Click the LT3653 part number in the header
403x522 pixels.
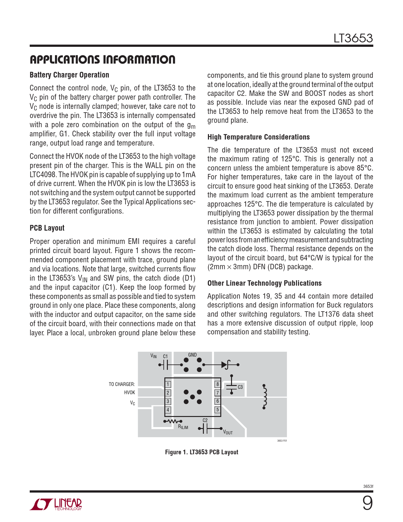pos(353,38)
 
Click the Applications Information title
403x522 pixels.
pos(102,59)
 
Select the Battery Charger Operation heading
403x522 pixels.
pos(69,75)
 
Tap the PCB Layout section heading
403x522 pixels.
pos(47,228)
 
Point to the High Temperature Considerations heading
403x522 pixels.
pos(258,137)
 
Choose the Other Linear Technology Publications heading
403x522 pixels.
pos(264,283)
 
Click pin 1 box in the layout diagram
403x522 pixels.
pos(168,384)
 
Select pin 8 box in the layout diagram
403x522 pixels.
pos(217,384)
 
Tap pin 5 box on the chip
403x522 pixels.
pos(217,410)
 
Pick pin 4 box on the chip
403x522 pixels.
pos(168,410)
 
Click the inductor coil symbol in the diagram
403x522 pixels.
pos(265,397)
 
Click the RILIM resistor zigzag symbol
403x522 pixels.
pos(173,421)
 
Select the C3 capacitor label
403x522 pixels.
pos(240,387)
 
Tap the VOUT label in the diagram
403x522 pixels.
pos(228,432)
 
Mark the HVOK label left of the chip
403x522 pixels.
pos(129,393)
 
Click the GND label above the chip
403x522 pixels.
pos(192,355)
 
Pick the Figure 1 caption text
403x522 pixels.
pos(202,452)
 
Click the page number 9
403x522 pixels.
pos(367,503)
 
